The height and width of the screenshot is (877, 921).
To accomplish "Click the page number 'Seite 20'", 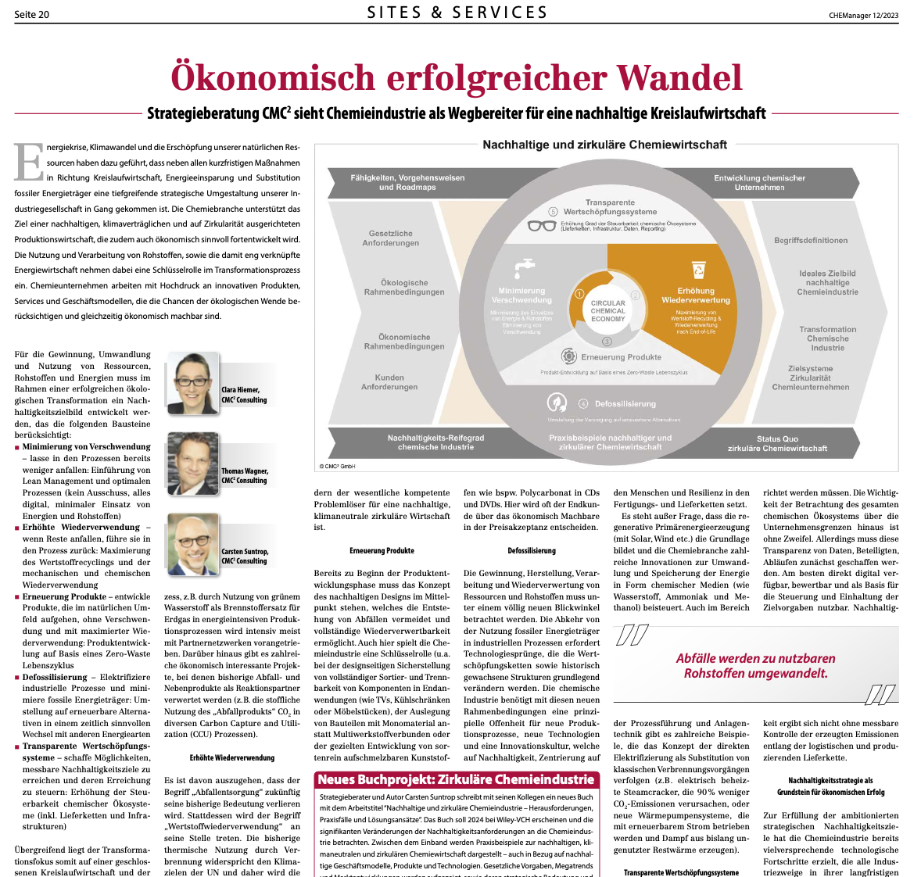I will click(x=31, y=14).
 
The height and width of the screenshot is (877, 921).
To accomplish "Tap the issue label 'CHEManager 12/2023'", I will click(x=863, y=15).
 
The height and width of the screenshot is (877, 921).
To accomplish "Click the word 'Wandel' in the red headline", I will click(x=679, y=77).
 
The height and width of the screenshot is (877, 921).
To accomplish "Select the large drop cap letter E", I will click(x=29, y=163).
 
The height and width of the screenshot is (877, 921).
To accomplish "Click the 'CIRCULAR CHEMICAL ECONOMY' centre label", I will click(x=608, y=311).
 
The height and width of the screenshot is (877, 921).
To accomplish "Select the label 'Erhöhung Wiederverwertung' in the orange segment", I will click(x=696, y=295).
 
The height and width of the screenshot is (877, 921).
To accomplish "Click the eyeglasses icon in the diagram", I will click(x=541, y=226).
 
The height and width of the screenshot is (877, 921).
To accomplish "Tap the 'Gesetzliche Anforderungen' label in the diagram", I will click(x=391, y=238).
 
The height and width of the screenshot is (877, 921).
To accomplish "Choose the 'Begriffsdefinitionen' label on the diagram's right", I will click(x=811, y=241).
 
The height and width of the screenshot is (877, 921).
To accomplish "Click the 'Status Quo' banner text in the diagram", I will click(x=777, y=443).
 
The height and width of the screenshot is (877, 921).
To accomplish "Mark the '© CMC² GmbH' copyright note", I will click(x=338, y=467).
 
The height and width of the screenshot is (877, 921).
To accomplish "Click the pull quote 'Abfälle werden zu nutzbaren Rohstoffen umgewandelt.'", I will click(x=755, y=666).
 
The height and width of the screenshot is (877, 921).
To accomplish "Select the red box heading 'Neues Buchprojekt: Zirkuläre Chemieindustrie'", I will click(x=456, y=779).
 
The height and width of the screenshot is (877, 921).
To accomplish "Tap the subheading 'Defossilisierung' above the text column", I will click(x=532, y=551).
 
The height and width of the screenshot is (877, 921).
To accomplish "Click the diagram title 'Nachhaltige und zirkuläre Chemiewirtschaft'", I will click(x=604, y=145).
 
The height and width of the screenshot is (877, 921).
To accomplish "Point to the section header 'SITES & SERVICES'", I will click(x=457, y=13).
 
